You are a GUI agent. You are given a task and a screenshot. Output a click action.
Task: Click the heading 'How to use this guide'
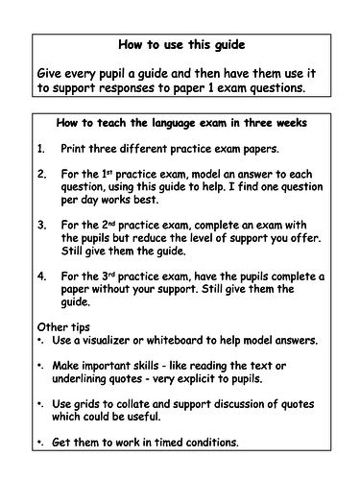tap(180, 44)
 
